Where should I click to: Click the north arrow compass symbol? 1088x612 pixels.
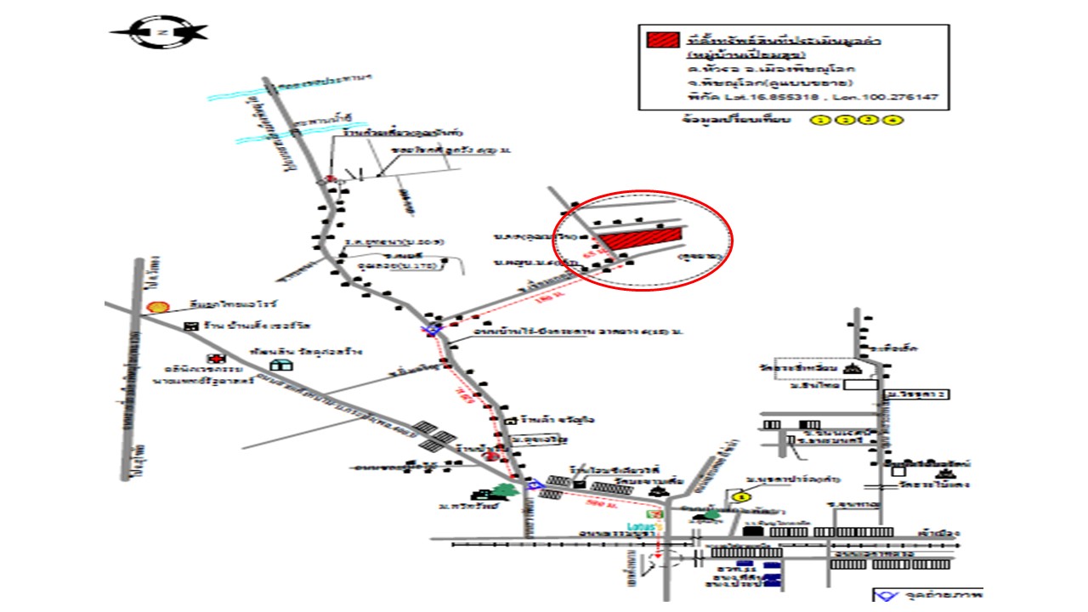pos(160,32)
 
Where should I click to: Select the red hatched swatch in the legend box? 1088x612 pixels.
pos(662,40)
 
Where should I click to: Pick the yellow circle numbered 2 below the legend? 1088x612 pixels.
pos(844,121)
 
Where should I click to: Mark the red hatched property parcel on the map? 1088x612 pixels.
pos(641,235)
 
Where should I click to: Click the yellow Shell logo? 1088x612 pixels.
pos(156,306)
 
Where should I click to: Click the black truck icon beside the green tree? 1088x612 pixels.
pos(485,495)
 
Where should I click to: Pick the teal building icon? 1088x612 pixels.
pos(279,364)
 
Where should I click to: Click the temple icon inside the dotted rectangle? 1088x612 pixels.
pos(853,368)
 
